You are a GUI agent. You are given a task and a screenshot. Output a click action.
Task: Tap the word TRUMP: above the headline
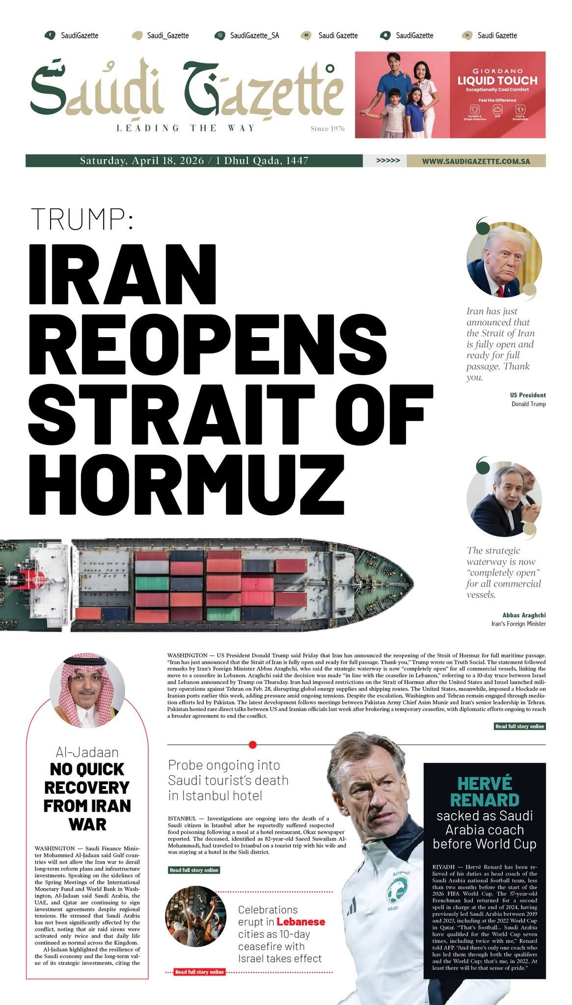coord(82,219)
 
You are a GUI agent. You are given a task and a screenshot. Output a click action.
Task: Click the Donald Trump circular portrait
coord(504,260)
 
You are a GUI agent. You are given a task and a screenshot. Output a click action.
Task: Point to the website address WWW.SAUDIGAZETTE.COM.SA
coord(476,161)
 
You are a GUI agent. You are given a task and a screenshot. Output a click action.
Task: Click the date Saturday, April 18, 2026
coord(142,161)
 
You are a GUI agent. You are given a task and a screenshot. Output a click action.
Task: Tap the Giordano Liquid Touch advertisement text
coord(497,80)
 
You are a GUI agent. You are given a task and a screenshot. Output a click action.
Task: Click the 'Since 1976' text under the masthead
coord(327,129)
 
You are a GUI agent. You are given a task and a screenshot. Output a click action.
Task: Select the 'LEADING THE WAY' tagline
coord(186,129)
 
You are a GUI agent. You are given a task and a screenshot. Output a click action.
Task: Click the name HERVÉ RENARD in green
coord(485,791)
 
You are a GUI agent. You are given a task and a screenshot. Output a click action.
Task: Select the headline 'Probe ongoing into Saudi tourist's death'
coord(228,780)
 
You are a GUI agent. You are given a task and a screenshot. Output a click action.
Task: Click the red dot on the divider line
coord(253,745)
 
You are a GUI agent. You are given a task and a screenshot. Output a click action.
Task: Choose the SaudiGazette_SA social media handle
coord(254,35)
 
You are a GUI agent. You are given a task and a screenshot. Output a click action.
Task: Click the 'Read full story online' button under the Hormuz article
coord(519,726)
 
